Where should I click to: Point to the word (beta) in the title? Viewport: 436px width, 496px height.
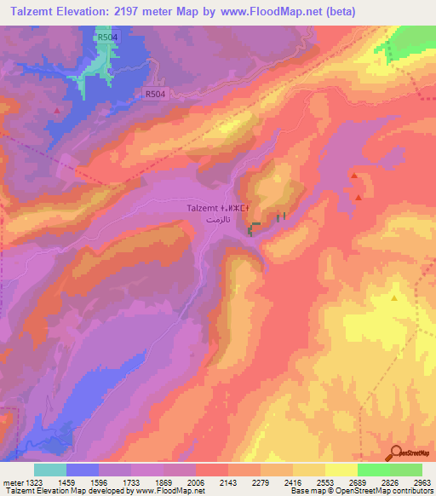click(335, 12)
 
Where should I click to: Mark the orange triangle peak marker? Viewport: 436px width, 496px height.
click(394, 298)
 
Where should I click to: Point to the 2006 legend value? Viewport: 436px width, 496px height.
click(196, 482)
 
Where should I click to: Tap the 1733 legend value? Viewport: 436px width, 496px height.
click(131, 482)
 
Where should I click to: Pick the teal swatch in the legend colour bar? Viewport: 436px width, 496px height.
click(50, 470)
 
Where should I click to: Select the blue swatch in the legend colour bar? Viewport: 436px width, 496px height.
click(83, 470)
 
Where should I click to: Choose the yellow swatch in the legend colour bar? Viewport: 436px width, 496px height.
click(341, 470)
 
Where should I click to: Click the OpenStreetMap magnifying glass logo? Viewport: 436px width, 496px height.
click(397, 453)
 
